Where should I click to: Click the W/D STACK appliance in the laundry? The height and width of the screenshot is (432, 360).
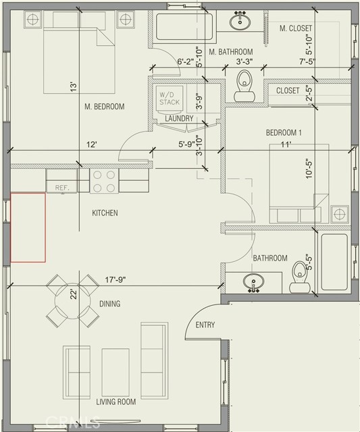click(x=170, y=99)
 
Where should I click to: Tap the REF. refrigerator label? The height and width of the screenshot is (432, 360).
click(x=62, y=188)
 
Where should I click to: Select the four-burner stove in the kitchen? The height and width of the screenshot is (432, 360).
click(x=104, y=181)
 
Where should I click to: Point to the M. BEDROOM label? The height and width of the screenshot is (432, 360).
click(x=105, y=107)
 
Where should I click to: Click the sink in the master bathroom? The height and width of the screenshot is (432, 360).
click(x=240, y=21)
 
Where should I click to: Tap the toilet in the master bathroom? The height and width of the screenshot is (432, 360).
click(x=245, y=86)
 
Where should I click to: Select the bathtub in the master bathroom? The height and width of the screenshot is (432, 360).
click(x=184, y=27)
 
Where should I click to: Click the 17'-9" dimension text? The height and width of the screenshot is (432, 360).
click(x=115, y=280)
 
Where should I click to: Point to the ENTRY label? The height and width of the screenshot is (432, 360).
click(x=205, y=325)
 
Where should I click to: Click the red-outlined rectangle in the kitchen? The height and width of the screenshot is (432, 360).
click(x=28, y=227)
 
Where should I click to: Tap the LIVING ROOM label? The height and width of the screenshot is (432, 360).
click(x=115, y=402)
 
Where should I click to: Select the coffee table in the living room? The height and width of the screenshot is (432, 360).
click(x=115, y=373)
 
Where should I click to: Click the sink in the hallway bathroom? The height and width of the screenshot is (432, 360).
click(x=253, y=282)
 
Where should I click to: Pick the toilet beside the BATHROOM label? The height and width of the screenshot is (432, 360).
click(x=300, y=277)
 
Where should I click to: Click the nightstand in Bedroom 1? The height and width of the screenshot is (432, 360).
click(x=340, y=214)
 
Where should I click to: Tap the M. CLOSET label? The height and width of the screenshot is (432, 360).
click(x=296, y=28)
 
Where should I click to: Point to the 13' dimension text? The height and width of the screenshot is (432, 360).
click(x=73, y=87)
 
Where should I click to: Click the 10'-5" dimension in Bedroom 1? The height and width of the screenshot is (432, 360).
click(x=309, y=169)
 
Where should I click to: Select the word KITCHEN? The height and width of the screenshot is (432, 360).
click(x=105, y=213)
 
